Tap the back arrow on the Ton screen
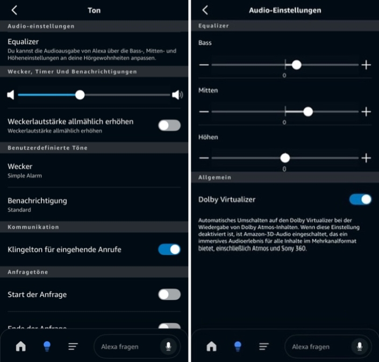[15, 10]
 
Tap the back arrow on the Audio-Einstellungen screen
[205, 10]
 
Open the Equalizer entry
[23, 41]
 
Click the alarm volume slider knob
[80, 95]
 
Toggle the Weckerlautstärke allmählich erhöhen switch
[169, 125]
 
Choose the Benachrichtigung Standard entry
[37, 204]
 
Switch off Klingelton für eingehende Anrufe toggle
[169, 249]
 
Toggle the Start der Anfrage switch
[169, 294]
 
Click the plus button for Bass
[366, 65]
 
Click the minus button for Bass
[204, 65]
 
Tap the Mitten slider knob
[308, 112]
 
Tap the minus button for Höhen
[204, 158]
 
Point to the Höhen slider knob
[285, 158]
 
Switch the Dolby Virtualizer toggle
[360, 200]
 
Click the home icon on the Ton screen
[21, 346]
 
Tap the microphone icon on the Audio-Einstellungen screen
[359, 346]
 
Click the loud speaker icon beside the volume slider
[177, 95]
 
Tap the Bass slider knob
[296, 65]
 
